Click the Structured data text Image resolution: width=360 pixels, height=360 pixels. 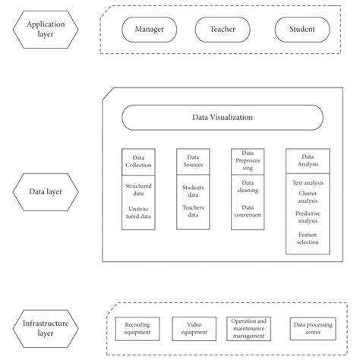pos(138,188)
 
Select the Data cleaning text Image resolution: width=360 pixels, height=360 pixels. pos(247,188)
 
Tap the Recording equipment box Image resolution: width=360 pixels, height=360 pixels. pos(137,327)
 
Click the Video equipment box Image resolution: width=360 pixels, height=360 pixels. pos(193,327)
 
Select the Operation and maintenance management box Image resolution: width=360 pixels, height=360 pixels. pos(248,327)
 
